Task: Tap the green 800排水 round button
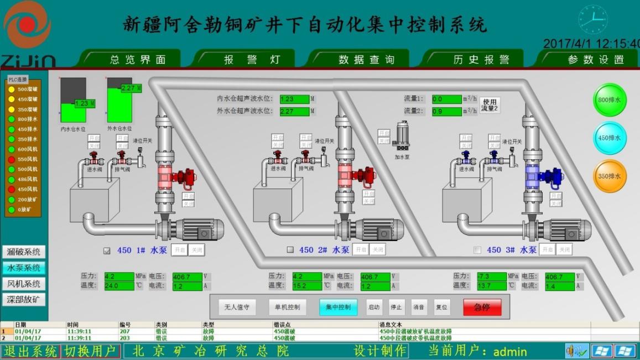click(x=610, y=100)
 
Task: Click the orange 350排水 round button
click(x=610, y=176)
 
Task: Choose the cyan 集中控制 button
click(x=337, y=307)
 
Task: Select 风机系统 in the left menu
click(x=24, y=284)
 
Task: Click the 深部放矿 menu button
click(x=24, y=300)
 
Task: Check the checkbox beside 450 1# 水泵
click(x=107, y=251)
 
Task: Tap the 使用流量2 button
click(x=490, y=106)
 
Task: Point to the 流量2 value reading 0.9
click(x=446, y=112)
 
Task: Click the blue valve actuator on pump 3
click(x=549, y=176)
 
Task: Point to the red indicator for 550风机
click(x=11, y=159)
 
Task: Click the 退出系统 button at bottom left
click(x=30, y=351)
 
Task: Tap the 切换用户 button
click(x=90, y=351)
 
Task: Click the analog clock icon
click(x=592, y=19)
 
